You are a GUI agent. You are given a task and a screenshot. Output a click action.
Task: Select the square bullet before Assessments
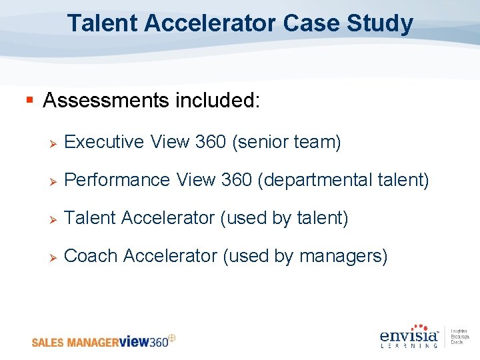pyautogui.click(x=29, y=101)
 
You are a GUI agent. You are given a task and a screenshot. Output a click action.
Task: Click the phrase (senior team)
pyautogui.click(x=286, y=142)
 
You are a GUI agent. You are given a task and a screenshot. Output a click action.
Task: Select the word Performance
pyautogui.click(x=117, y=180)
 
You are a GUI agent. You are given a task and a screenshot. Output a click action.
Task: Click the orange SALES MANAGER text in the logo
pyautogui.click(x=75, y=343)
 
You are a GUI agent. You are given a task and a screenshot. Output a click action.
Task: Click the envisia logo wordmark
pyautogui.click(x=409, y=335)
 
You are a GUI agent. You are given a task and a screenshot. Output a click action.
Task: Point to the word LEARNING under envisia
pyautogui.click(x=409, y=345)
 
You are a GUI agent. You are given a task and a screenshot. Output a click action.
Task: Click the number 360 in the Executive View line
pyautogui.click(x=211, y=142)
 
